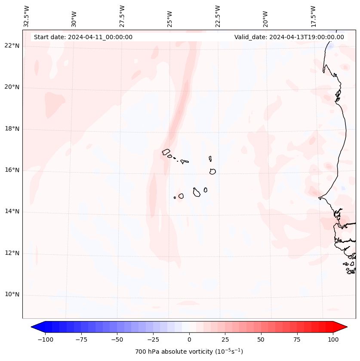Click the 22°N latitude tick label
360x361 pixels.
12,46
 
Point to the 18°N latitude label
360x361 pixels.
12,129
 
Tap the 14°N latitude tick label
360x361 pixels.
12,211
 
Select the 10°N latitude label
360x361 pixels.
12,295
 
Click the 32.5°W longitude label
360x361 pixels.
27,16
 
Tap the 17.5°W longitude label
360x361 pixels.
313,16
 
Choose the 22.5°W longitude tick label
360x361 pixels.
218,16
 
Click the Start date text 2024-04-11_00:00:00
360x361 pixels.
83,37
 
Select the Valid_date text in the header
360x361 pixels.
289,37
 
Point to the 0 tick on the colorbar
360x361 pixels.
189,339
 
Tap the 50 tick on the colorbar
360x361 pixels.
261,339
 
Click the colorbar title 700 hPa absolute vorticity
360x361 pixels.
189,352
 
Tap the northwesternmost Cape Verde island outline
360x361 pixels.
166,151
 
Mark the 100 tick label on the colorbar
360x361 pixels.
333,339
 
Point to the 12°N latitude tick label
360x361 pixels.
12,253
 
